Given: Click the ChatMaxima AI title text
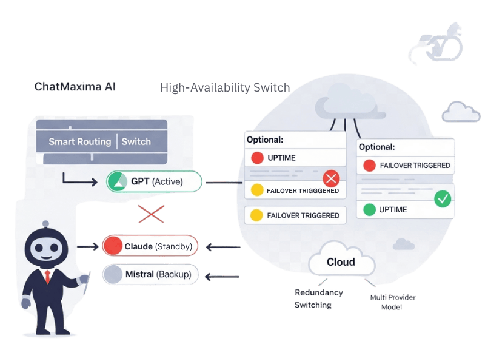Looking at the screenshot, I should (75, 87).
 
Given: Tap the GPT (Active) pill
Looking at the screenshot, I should (154, 181).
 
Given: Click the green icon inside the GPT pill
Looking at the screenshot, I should (118, 181).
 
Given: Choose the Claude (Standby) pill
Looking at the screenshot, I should (150, 246).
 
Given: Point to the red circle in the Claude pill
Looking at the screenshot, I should (113, 246).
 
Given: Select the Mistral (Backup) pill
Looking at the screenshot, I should (150, 275).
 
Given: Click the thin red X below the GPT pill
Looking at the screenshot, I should (151, 214).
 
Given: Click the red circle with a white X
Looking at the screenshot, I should (330, 179).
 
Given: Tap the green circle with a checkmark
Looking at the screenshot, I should (443, 199).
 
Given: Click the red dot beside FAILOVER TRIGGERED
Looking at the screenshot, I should (369, 165).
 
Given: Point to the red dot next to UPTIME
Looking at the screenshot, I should (257, 158).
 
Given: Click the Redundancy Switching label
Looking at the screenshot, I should (318, 299).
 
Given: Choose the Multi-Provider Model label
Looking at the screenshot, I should (393, 302).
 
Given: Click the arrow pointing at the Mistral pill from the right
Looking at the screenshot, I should (222, 277).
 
